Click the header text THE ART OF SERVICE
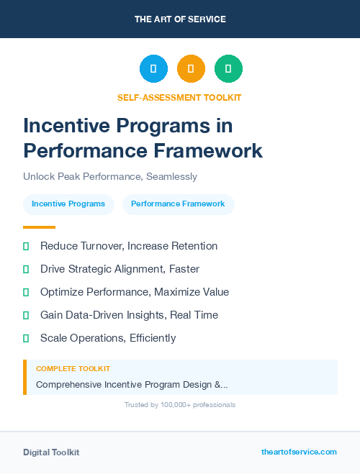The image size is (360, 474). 180,19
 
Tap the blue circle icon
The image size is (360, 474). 153,69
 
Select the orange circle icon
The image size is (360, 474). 191,69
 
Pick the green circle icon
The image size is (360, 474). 228,69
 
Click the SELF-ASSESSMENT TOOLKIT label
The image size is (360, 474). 179,97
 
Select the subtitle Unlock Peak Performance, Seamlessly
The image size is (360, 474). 109,176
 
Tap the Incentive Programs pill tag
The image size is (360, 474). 68,204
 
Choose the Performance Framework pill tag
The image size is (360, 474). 178,204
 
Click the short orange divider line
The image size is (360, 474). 39,227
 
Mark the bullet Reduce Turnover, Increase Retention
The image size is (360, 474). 129,246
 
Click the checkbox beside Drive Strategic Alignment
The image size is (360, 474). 26,269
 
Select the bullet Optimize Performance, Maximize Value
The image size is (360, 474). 135,292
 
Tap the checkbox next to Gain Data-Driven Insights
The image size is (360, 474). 26,315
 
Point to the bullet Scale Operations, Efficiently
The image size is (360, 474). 108,338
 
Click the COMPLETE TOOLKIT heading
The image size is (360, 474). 73,368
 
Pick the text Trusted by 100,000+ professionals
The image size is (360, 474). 180,405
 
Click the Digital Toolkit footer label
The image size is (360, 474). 51,452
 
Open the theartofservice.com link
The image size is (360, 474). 299,452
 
